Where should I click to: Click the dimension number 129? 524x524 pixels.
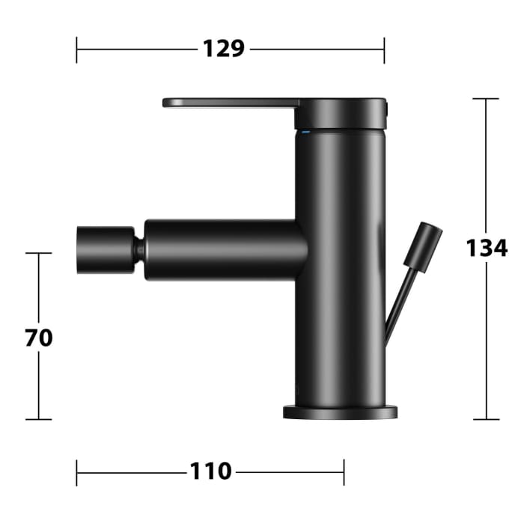224,49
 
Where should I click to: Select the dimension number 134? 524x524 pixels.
487,247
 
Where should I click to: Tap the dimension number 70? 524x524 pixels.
39,338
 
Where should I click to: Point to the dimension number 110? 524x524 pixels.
210,472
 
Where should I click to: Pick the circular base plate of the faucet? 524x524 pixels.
341,412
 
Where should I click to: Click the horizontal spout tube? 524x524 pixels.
225,249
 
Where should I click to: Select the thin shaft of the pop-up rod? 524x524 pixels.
397,303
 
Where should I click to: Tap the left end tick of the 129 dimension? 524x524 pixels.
77,50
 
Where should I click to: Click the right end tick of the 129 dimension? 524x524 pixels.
384,50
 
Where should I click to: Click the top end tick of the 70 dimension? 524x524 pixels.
39,253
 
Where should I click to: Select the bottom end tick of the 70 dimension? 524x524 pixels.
39,419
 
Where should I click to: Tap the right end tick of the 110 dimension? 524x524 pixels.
344,472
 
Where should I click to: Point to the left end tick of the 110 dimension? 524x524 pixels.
77,472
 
